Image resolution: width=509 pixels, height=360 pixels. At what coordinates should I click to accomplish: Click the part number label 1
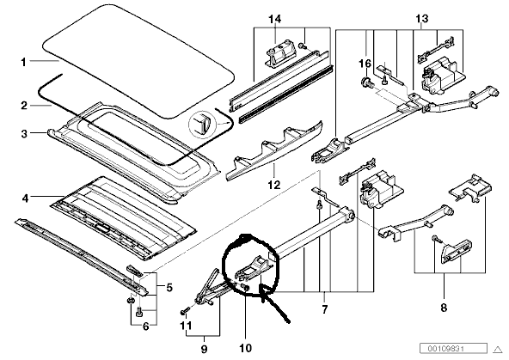point(23,62)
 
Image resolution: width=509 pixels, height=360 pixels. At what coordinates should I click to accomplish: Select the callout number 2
point(24,106)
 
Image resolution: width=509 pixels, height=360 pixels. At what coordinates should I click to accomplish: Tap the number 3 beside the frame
point(24,133)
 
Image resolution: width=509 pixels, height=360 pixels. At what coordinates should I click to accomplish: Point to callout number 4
point(25,198)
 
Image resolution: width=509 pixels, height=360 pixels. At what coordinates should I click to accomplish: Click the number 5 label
point(169,287)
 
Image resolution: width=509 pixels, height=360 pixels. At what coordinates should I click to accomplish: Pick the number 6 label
point(146,326)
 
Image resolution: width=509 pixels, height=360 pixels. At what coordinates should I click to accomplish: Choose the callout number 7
point(325,308)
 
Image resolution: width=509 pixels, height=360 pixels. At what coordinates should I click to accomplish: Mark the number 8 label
point(444,307)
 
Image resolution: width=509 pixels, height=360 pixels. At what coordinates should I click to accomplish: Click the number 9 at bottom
point(204,349)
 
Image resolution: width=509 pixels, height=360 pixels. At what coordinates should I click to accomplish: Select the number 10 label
point(245,348)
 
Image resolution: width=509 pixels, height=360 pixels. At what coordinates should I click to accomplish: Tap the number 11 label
point(186,326)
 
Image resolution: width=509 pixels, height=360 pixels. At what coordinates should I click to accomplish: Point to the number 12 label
point(273,185)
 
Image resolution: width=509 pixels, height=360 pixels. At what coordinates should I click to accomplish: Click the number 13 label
point(422,19)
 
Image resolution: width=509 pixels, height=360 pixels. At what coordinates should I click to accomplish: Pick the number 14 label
point(274,19)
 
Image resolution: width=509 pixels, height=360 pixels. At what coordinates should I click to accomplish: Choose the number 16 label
point(365,64)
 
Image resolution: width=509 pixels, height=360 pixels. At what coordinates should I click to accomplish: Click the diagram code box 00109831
point(453,348)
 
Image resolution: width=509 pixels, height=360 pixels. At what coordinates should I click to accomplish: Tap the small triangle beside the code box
point(498,350)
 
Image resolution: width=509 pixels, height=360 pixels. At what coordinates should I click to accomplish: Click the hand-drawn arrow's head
point(264,290)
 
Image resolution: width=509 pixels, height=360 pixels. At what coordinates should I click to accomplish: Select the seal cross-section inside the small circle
point(200,123)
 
